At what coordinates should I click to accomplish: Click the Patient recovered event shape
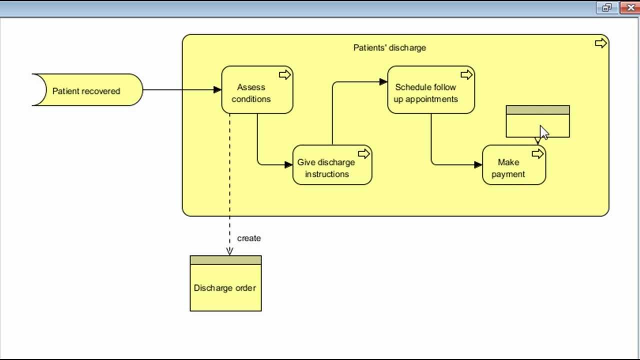(86, 90)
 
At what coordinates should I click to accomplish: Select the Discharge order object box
(225, 287)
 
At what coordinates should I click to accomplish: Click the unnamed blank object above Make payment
(525, 125)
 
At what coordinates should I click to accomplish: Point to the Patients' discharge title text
(389, 47)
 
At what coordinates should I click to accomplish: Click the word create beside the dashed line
(248, 238)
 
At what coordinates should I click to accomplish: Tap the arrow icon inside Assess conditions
(284, 75)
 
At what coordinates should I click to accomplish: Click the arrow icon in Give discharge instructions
(364, 154)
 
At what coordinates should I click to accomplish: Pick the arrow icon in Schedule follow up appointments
(466, 75)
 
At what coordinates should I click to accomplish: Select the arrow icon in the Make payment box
(537, 154)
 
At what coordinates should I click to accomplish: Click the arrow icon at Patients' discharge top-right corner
(600, 43)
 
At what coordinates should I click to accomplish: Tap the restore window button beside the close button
(607, 7)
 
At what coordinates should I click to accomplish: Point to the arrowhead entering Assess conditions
(217, 90)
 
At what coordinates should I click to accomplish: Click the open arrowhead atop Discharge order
(229, 251)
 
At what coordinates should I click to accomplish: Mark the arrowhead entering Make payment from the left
(478, 164)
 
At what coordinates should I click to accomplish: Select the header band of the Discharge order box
(225, 260)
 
